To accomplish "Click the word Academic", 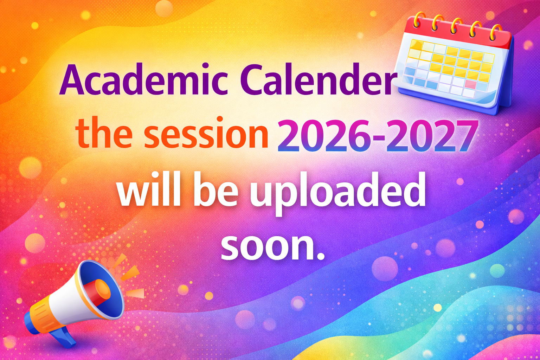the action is [144, 79].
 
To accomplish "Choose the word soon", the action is [265, 246].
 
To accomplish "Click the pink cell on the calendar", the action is [471, 84].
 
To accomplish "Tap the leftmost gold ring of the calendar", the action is [418, 21].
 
